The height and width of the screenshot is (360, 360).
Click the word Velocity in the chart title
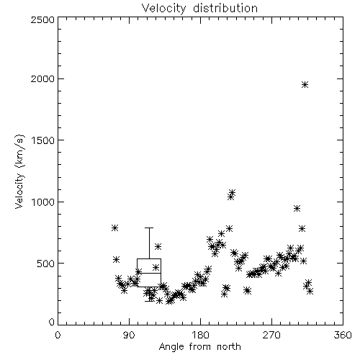pos(164,9)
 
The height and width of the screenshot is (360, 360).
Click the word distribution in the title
pos(225,8)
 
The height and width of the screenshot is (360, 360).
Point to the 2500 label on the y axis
pos(42,19)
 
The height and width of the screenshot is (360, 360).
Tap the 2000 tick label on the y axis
pos(42,78)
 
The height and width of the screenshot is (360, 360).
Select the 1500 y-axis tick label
pos(43,140)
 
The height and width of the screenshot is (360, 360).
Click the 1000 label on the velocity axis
pos(43,202)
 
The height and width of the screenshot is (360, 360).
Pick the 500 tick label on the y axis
pos(46,264)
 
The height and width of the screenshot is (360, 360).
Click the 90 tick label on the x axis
pos(129,335)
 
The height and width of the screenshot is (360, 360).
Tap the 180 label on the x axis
pos(200,335)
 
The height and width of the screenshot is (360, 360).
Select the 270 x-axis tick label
pos(271,335)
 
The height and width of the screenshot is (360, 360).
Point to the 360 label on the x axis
pos(343,335)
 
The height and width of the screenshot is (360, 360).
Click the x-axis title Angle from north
pos(200,347)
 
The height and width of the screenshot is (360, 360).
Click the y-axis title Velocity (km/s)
pos(19,171)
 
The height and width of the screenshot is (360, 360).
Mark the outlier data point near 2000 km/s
pos(305,84)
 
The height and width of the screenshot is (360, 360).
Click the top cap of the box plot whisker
pos(149,228)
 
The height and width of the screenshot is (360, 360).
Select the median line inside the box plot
pos(149,273)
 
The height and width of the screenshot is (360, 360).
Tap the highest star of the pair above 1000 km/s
pos(232,192)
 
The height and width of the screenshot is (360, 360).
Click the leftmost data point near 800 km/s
pos(114,228)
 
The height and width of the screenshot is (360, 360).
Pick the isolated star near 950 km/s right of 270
pos(297,209)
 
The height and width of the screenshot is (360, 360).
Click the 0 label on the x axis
pos(58,335)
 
